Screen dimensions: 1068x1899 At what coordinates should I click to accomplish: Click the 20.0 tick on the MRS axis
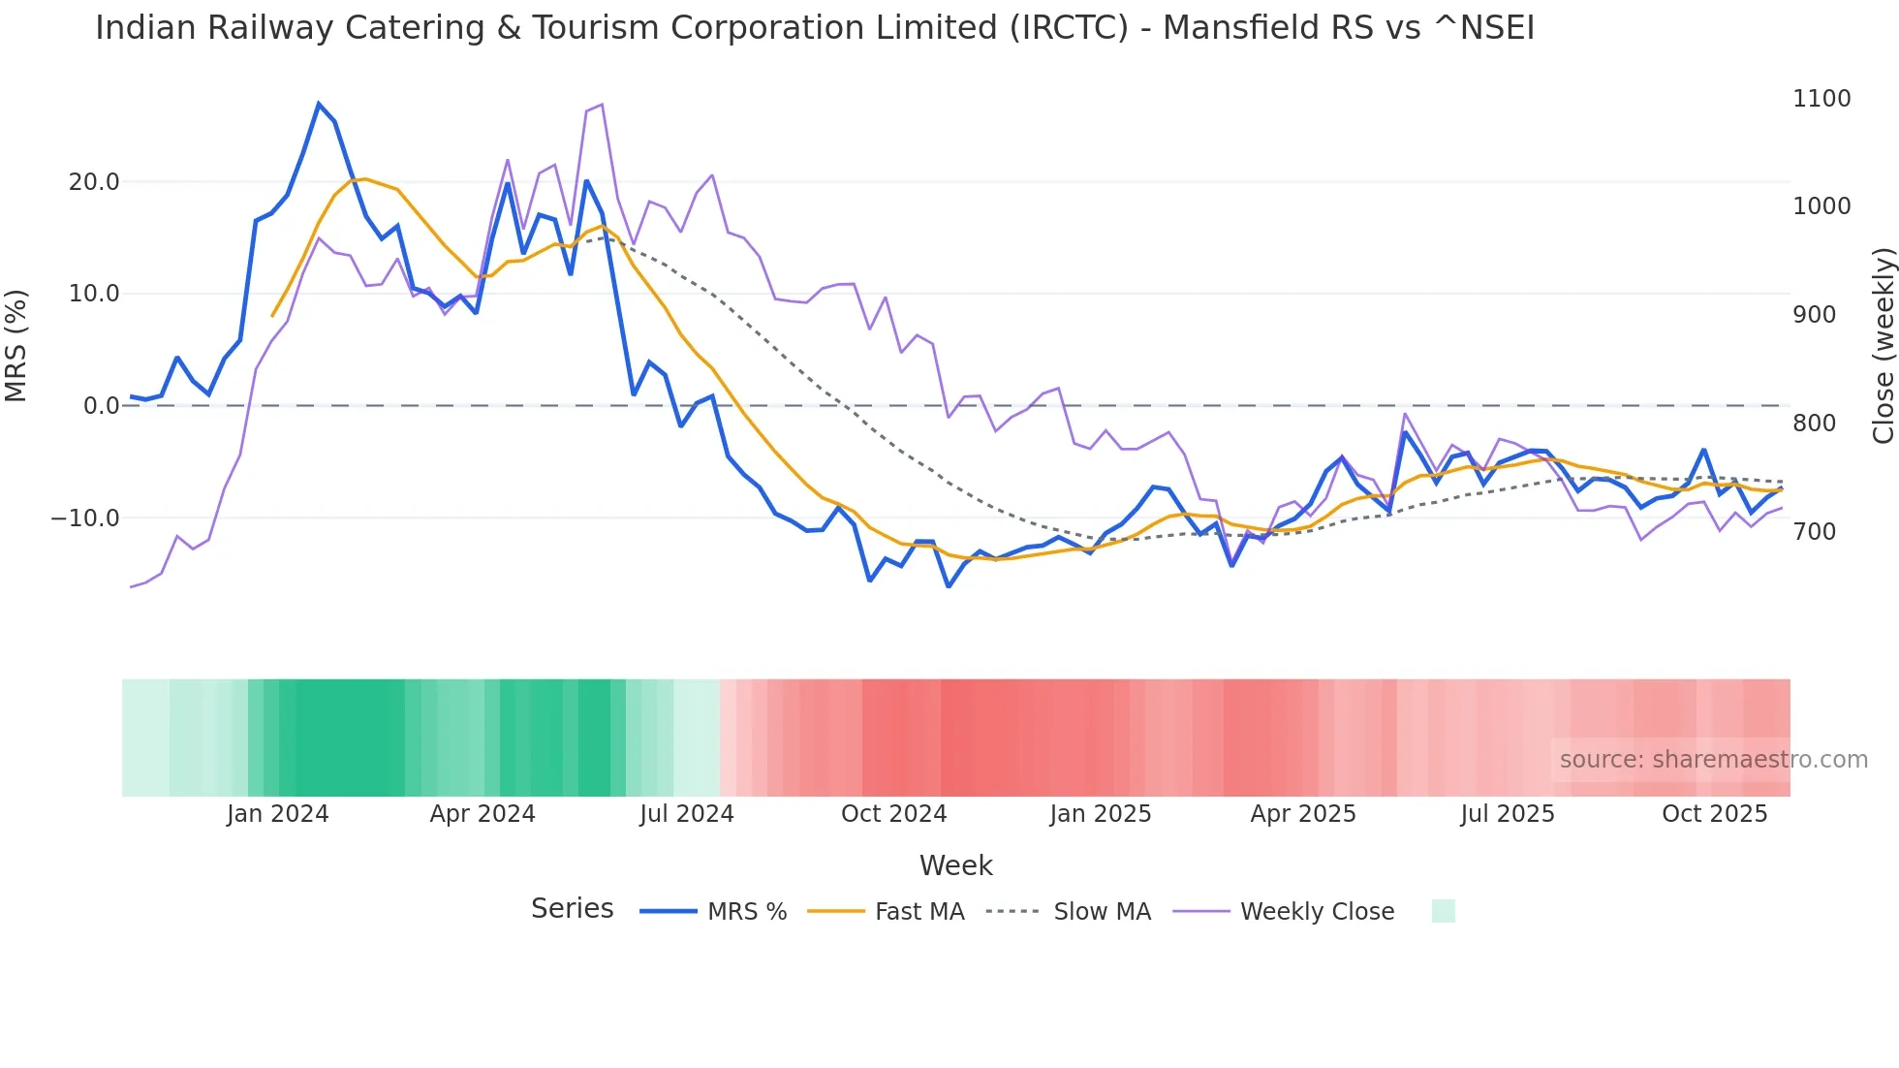click(94, 182)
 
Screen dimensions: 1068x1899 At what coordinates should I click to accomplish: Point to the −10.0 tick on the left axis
click(85, 518)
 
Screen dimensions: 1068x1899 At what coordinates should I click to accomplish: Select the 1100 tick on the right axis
click(1821, 99)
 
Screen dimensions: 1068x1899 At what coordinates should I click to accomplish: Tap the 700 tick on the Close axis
click(1815, 532)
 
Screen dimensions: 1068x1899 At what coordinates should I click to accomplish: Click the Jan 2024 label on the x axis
click(278, 814)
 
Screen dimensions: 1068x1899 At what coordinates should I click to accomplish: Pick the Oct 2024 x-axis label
click(893, 814)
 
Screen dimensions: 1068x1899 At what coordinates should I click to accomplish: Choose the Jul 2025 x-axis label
click(1508, 814)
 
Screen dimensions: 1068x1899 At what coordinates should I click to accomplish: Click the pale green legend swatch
click(1443, 911)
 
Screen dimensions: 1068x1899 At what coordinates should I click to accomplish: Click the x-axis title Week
click(955, 865)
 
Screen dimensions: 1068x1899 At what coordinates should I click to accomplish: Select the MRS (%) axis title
click(16, 346)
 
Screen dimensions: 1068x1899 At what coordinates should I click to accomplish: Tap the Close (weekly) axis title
click(1883, 346)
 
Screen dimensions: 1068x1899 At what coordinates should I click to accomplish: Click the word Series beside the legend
click(572, 909)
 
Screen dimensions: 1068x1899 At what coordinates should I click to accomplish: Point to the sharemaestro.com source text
click(1713, 760)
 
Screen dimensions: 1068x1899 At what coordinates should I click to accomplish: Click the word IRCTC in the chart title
click(1069, 28)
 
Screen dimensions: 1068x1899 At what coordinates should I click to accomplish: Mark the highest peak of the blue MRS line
click(319, 104)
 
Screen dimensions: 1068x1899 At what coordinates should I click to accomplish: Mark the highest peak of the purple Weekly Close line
click(602, 105)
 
